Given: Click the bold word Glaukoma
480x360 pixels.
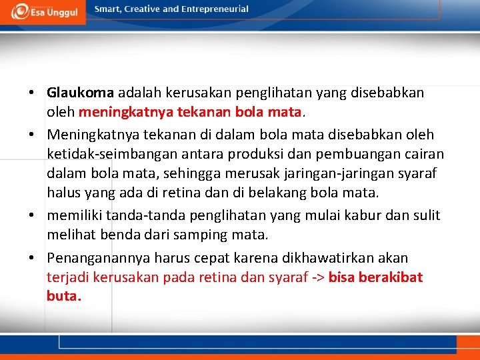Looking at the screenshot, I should point(81,93).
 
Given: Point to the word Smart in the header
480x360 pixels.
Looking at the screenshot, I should point(109,9).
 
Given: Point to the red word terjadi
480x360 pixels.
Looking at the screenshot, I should point(68,277).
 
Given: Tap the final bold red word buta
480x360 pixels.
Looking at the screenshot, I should point(63,295).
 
